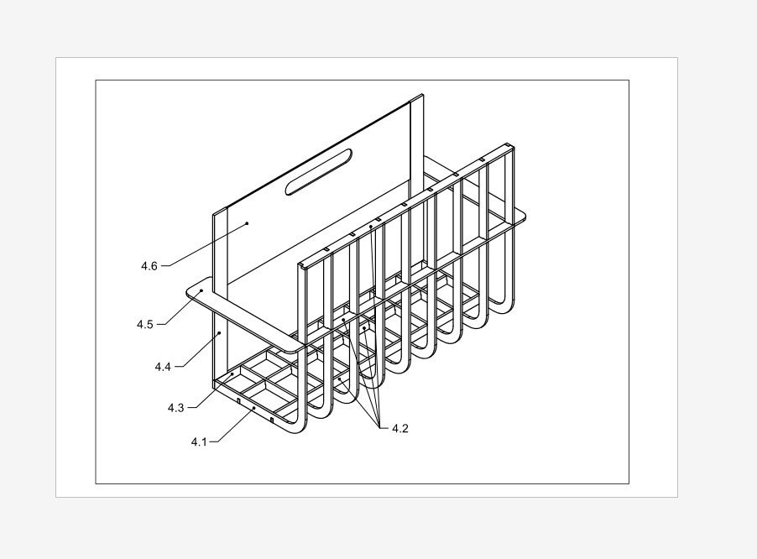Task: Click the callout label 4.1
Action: (x=199, y=441)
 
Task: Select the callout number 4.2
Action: (x=400, y=429)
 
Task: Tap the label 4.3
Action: (x=175, y=408)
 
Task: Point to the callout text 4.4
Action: (x=163, y=367)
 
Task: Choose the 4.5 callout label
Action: (x=145, y=324)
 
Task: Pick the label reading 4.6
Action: (x=149, y=266)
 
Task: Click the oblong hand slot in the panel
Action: (x=320, y=173)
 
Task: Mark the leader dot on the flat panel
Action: (x=248, y=223)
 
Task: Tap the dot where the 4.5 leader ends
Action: (x=201, y=290)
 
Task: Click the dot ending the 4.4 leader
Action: (x=220, y=333)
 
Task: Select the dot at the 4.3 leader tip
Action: (x=232, y=374)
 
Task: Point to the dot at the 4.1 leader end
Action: (x=253, y=408)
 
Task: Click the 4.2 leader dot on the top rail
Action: (x=370, y=227)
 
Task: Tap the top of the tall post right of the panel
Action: (x=417, y=100)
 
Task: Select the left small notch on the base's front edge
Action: (x=239, y=402)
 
